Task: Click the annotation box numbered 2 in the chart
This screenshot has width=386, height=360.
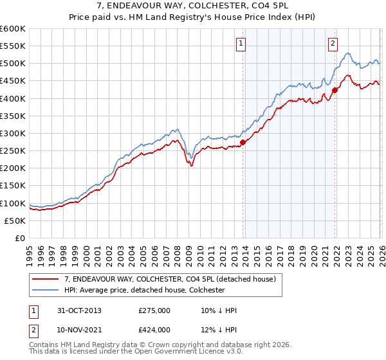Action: pyautogui.click(x=333, y=44)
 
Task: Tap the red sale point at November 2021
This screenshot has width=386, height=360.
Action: pyautogui.click(x=335, y=91)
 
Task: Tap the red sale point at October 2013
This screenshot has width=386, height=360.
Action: pyautogui.click(x=243, y=142)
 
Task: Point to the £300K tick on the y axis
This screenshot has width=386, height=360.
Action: pyautogui.click(x=14, y=133)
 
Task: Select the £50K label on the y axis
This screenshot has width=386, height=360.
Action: pyautogui.click(x=15, y=221)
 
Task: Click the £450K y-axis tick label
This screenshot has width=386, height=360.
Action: pyautogui.click(x=14, y=81)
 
